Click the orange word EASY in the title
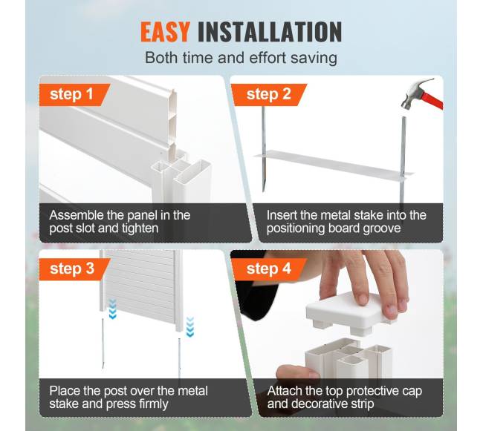pos(165,32)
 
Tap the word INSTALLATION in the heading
pos(270,32)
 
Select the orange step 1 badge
pos(74,95)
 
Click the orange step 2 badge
pos(269,95)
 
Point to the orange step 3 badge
pos(74,269)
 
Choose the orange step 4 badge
pos(269,269)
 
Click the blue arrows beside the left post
pos(113,309)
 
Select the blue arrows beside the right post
pos(190,326)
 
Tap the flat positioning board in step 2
pos(334,164)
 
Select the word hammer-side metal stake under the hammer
pos(403,159)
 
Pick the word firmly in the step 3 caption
pos(152,404)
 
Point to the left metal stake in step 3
pos(103,343)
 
